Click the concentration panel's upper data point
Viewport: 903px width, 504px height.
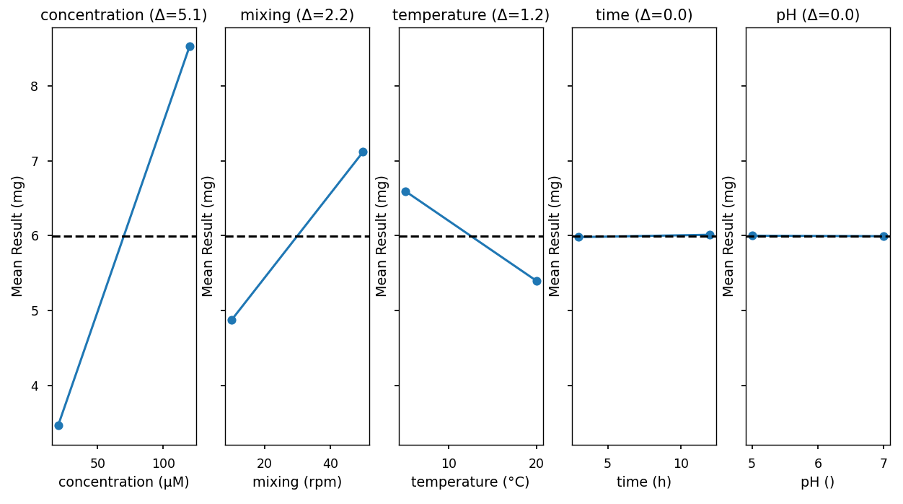click(x=190, y=46)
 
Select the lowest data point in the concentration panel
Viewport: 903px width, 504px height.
click(x=58, y=425)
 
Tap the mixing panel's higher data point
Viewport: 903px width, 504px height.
click(x=363, y=152)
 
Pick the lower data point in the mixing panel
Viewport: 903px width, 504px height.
click(x=232, y=320)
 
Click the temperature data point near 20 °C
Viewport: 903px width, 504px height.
click(x=537, y=281)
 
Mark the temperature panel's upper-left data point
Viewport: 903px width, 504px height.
click(x=405, y=191)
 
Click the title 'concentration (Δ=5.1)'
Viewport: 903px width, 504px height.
click(x=124, y=15)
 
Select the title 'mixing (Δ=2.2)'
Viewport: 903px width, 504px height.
click(x=297, y=15)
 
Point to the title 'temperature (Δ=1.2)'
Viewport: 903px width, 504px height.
click(x=471, y=15)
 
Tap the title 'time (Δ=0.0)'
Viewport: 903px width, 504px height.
click(x=644, y=15)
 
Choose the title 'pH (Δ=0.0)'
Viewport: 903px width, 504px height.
click(x=818, y=15)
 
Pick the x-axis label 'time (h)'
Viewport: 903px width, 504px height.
click(x=644, y=482)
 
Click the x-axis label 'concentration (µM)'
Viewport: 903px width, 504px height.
click(x=124, y=482)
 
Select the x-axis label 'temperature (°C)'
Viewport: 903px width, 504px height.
click(x=470, y=482)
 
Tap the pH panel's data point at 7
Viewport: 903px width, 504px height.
click(x=884, y=236)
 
